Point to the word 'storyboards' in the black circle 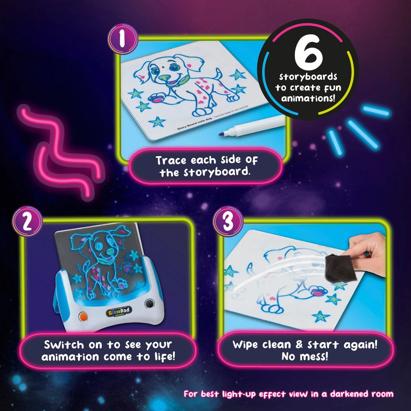click(x=308, y=77)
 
